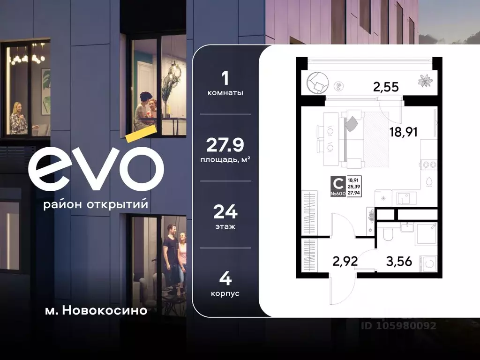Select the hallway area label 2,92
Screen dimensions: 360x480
click(x=345, y=261)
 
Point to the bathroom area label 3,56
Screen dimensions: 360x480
click(x=399, y=261)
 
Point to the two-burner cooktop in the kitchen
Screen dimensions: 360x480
click(x=429, y=165)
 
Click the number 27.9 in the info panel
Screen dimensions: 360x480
click(x=225, y=145)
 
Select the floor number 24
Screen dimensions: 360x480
click(x=225, y=212)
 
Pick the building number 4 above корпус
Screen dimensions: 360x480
click(x=225, y=280)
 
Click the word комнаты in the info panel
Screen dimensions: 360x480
click(x=225, y=93)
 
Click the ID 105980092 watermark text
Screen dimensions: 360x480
click(x=398, y=325)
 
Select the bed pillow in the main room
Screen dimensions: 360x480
click(x=352, y=123)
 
